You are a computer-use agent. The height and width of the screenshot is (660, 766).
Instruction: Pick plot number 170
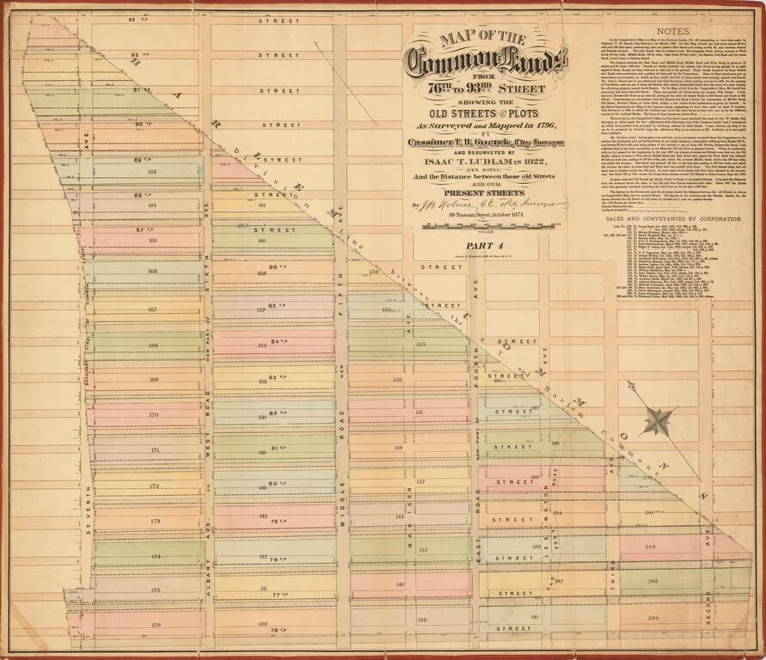(154, 415)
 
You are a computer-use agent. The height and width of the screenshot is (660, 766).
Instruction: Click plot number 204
(651, 616)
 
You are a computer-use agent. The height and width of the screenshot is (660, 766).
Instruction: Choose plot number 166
(154, 272)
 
